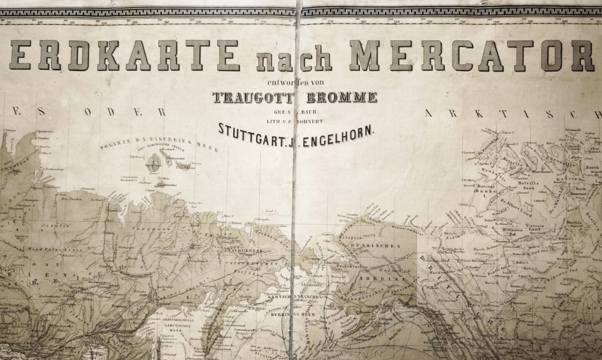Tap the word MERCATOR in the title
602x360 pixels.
coord(471,55)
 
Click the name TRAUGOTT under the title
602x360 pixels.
coord(245,97)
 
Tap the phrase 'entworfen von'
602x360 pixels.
coord(295,84)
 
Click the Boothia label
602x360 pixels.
coord(575,222)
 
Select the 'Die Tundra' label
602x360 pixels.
coord(71,198)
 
